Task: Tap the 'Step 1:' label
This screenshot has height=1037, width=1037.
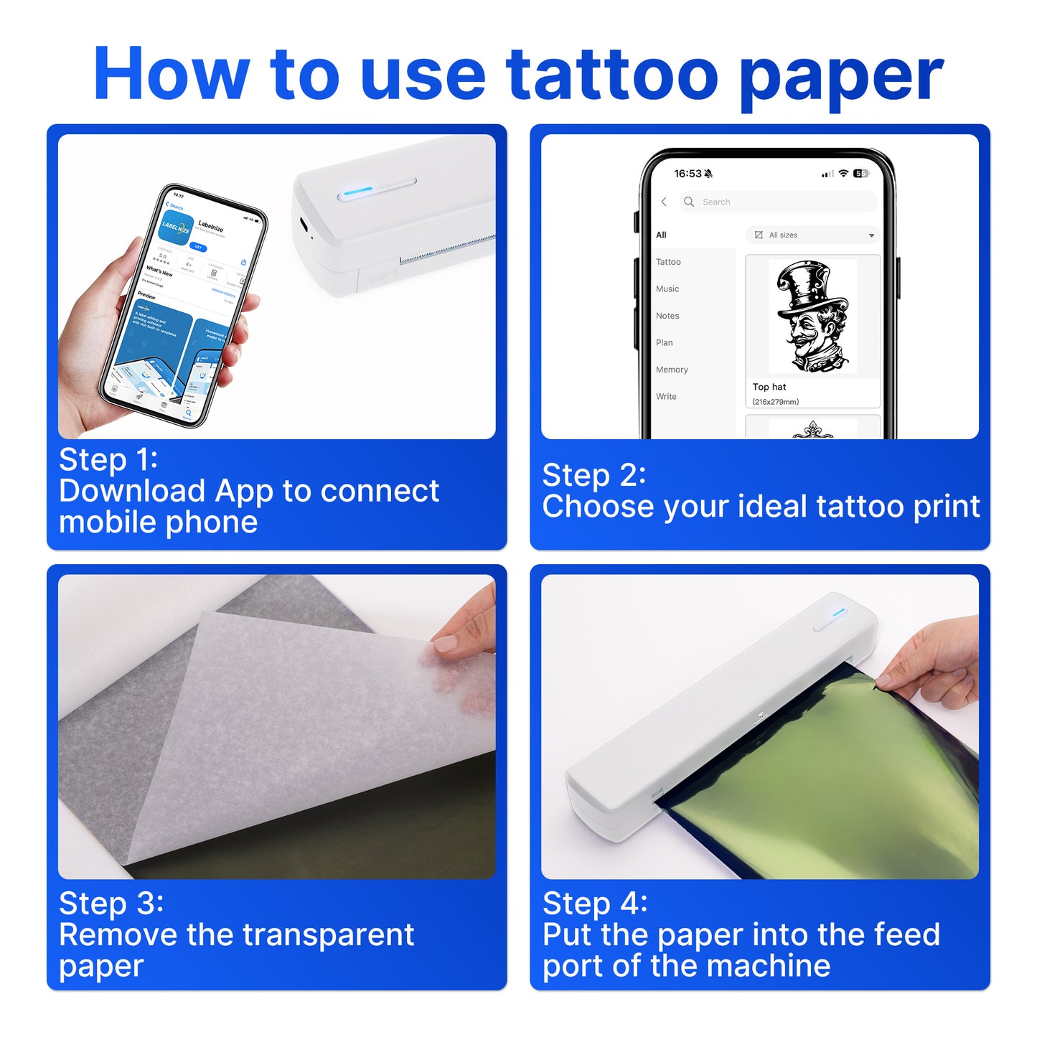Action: click(108, 460)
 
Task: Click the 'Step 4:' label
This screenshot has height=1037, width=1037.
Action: click(595, 904)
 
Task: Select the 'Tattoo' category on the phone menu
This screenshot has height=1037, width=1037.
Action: click(668, 262)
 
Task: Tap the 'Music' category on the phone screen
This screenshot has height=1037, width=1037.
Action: click(667, 289)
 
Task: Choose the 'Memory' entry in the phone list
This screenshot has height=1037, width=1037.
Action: click(672, 370)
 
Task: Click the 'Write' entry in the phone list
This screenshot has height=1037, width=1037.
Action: click(666, 397)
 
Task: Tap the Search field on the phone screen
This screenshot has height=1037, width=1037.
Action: click(779, 202)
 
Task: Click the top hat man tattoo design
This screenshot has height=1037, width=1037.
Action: click(812, 316)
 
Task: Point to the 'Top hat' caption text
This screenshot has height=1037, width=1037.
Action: click(769, 387)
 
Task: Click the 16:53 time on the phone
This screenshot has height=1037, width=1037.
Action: click(688, 174)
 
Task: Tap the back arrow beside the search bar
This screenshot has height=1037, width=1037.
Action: click(664, 202)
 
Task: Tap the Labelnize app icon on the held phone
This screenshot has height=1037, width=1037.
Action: click(177, 227)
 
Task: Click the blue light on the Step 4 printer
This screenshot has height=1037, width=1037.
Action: click(839, 612)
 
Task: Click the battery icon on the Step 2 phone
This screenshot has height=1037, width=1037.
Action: click(860, 174)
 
